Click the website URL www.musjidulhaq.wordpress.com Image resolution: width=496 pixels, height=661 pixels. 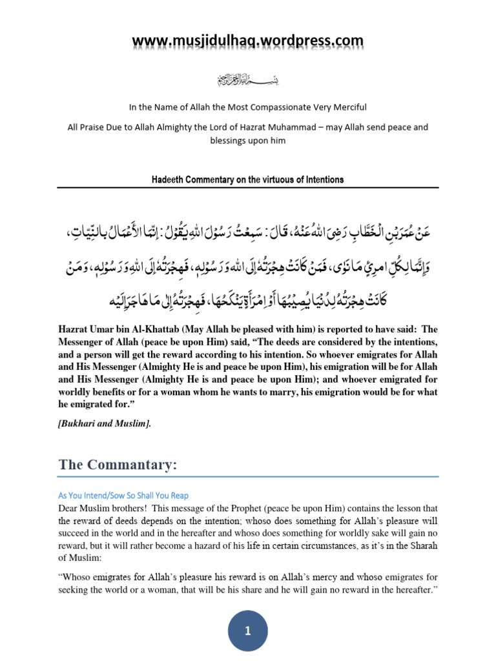pos(248,41)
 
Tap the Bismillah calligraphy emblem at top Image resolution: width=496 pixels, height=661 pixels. pos(248,81)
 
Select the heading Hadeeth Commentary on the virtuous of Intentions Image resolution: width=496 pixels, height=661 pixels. pos(248,179)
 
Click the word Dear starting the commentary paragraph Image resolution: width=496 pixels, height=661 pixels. pos(70,508)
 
